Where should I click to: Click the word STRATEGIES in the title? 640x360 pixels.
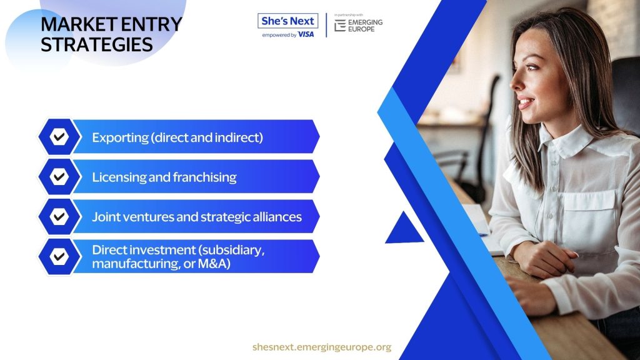[x=97, y=45]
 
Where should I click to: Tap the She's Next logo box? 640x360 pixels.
[x=287, y=21]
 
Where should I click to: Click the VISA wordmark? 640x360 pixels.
[x=306, y=35]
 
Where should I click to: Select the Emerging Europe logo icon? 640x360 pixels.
[x=340, y=26]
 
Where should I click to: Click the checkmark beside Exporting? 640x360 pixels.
[x=59, y=137]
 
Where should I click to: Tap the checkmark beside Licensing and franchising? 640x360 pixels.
[x=59, y=177]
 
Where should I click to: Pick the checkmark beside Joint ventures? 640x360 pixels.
[x=59, y=216]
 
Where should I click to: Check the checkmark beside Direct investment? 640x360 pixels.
[x=59, y=256]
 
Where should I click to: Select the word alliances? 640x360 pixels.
[x=277, y=217]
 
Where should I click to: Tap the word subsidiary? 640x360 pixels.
[x=232, y=250]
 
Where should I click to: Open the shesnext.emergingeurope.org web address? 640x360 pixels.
[x=322, y=347]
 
